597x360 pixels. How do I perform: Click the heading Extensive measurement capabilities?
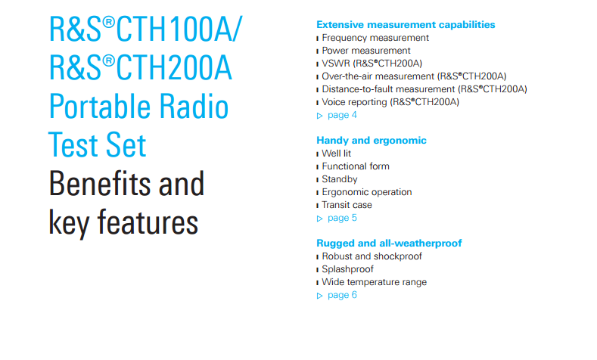click(x=406, y=25)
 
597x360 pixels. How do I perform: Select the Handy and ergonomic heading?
click(x=372, y=141)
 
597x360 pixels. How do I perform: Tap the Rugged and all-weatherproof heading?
click(x=389, y=244)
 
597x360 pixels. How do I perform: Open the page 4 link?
click(x=342, y=115)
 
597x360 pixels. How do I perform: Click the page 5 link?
click(x=342, y=218)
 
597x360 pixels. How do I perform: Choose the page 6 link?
click(x=342, y=295)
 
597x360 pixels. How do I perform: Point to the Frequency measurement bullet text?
click(x=375, y=38)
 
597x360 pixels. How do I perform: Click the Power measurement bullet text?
click(x=366, y=51)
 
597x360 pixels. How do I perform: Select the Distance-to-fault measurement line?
click(x=424, y=89)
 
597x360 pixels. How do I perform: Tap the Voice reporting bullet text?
click(x=390, y=102)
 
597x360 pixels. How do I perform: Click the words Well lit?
click(x=336, y=154)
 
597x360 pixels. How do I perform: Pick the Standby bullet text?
click(x=340, y=179)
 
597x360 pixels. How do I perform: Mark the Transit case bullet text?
click(x=347, y=205)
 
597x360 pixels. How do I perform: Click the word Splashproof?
click(x=347, y=269)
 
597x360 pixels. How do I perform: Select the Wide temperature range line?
click(x=375, y=282)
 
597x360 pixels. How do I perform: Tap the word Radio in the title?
click(x=194, y=106)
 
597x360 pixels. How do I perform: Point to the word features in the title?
click(x=148, y=222)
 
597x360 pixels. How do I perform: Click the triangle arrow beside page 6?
click(x=320, y=296)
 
